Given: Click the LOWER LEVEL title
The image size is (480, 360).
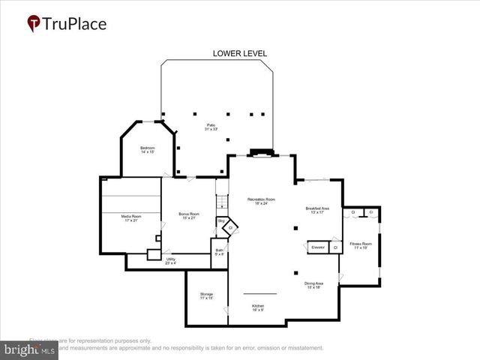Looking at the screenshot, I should click(240, 53).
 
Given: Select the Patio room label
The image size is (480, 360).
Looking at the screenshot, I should click(211, 127).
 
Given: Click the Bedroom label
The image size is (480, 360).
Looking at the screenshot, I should click(147, 150).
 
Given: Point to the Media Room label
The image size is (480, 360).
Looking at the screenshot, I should click(131, 218).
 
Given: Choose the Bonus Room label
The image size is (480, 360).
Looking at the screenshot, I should click(188, 216).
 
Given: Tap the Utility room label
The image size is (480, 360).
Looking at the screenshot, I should click(171, 261).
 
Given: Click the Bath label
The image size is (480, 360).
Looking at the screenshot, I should click(219, 253).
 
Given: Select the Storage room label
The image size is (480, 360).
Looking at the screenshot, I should click(206, 295).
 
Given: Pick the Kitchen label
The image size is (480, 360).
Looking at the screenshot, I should click(257, 307).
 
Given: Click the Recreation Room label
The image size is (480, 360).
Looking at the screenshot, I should click(261, 201).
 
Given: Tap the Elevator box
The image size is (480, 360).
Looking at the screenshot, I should click(318, 247).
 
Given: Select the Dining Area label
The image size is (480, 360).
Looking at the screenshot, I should click(313, 285).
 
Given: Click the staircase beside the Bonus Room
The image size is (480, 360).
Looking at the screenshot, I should click(221, 201).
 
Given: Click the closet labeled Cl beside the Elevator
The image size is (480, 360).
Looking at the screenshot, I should click(335, 247).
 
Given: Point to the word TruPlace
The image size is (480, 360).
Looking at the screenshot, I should click(75, 23).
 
